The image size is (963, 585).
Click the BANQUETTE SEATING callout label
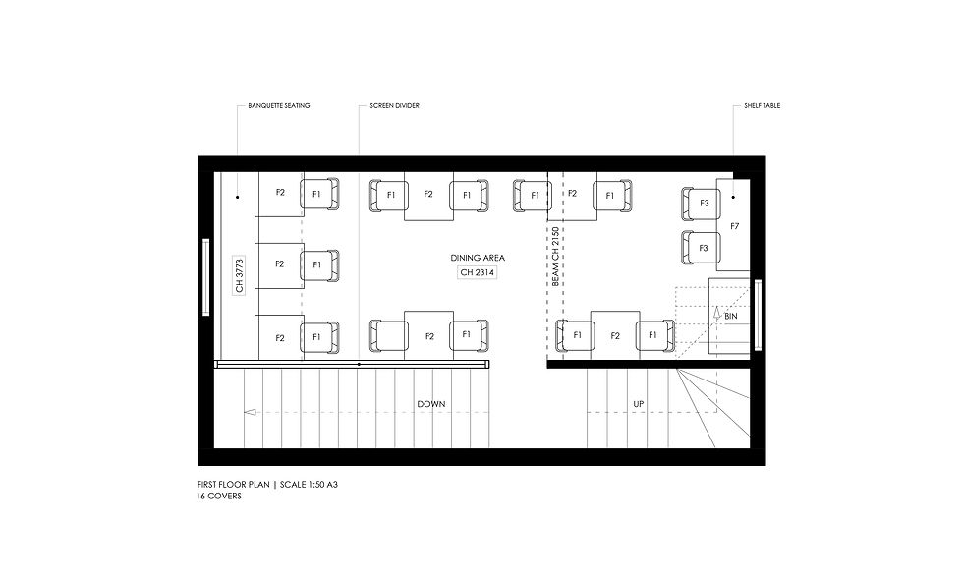[279, 106]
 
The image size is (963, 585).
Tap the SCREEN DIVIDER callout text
[394, 106]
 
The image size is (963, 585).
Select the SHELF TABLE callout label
[763, 106]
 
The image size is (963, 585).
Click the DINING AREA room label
[478, 258]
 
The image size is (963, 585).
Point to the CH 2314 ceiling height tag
[478, 272]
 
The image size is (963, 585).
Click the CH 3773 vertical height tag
[239, 275]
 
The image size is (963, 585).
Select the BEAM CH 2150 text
[555, 257]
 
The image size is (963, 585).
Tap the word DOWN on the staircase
[431, 404]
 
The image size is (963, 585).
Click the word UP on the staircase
[639, 404]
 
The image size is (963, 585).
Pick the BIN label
[731, 317]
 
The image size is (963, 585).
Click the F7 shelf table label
[735, 227]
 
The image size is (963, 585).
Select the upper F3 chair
[701, 204]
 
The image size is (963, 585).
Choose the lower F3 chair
[701, 248]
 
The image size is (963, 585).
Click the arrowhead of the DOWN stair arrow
[250, 412]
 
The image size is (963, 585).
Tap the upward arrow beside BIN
[716, 314]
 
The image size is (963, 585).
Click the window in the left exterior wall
[205, 277]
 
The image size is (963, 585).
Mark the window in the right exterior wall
[758, 316]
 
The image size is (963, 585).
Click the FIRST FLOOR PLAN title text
[234, 484]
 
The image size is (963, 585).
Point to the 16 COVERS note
[219, 496]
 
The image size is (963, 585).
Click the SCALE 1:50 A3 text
[309, 484]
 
